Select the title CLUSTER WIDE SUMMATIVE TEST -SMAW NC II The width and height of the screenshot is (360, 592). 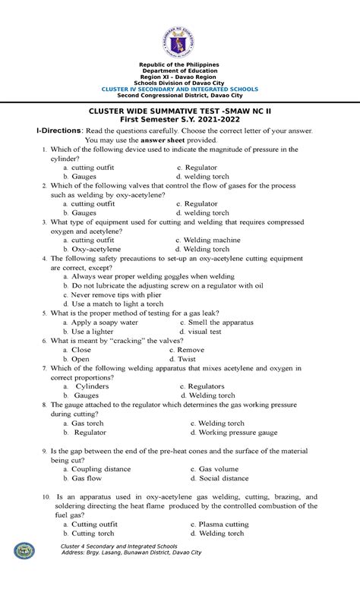[x=180, y=110]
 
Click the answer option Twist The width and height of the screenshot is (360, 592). [x=187, y=358]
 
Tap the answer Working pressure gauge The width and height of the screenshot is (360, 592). [x=237, y=432]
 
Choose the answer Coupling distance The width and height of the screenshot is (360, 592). [x=101, y=469]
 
